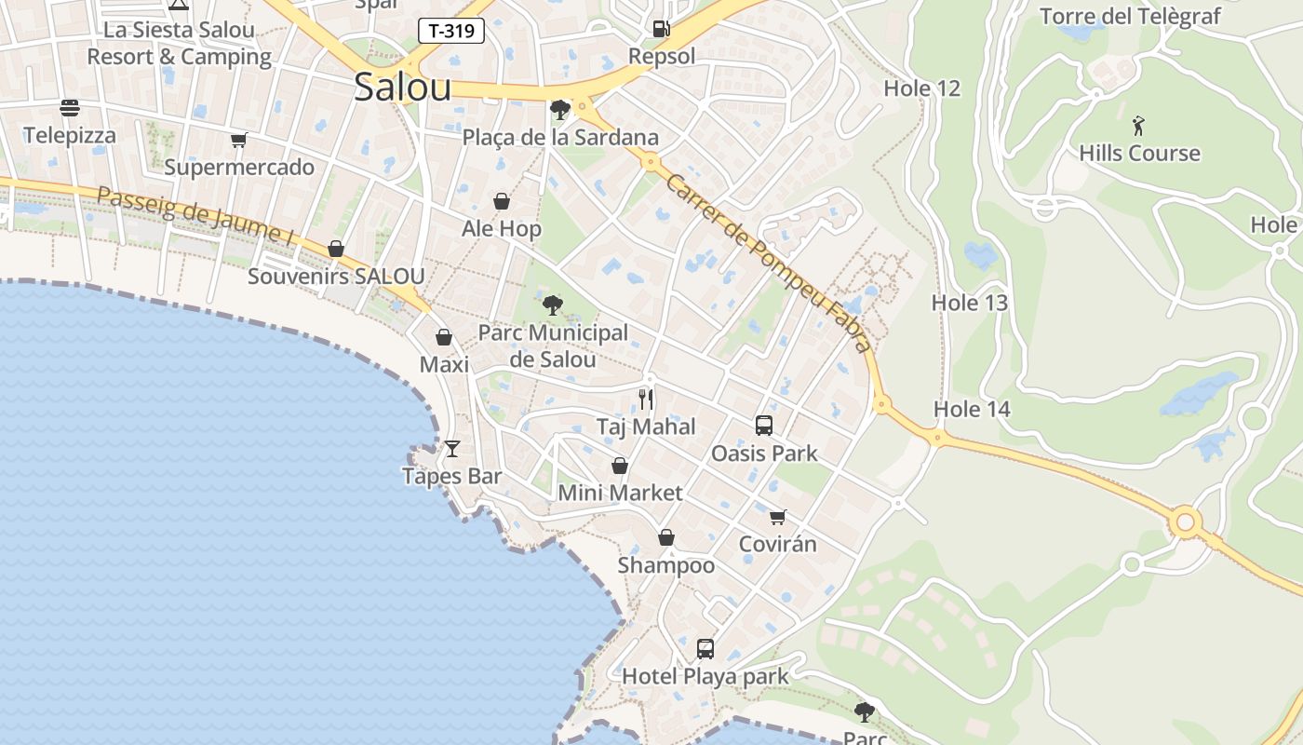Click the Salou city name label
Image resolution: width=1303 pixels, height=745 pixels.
click(x=403, y=88)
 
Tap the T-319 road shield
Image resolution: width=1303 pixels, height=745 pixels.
click(x=451, y=31)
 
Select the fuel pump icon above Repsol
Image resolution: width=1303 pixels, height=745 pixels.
click(x=661, y=29)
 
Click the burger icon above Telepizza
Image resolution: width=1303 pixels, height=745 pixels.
click(x=70, y=108)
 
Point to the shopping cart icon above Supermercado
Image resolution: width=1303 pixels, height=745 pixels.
click(x=239, y=141)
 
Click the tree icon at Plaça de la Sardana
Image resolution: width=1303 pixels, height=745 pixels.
click(x=560, y=110)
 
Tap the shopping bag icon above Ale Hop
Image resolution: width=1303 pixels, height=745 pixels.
click(x=502, y=201)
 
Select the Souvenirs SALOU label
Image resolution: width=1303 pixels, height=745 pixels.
click(x=336, y=277)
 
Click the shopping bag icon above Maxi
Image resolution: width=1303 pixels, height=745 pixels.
click(x=444, y=337)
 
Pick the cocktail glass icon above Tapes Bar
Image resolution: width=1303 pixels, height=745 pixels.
click(x=452, y=449)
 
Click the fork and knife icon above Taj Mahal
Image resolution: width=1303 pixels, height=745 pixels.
click(x=646, y=400)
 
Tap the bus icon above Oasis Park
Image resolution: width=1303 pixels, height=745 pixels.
click(x=764, y=426)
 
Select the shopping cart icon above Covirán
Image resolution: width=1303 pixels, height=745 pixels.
click(x=777, y=517)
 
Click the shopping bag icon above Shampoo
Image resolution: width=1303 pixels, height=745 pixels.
click(x=666, y=537)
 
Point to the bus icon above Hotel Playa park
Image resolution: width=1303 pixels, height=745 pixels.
click(x=705, y=648)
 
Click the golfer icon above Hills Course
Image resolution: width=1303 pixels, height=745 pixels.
click(x=1138, y=126)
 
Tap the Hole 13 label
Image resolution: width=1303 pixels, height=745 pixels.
click(x=970, y=303)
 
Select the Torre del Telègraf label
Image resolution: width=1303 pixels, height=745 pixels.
click(x=1130, y=16)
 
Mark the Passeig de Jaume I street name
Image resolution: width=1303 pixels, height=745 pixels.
click(x=195, y=217)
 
